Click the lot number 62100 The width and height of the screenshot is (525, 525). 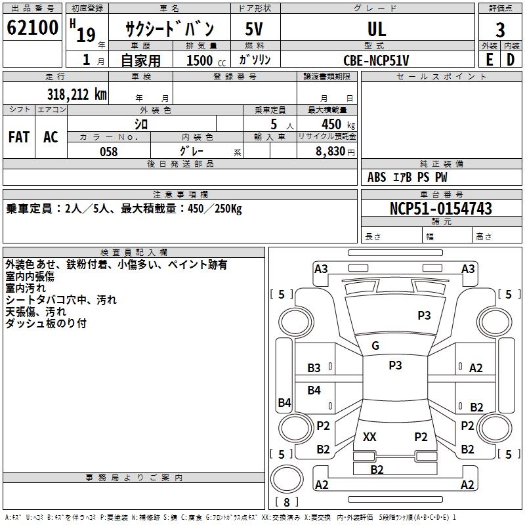coord(32,28)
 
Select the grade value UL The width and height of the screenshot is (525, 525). coord(377,29)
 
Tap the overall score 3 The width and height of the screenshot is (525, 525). coord(500,30)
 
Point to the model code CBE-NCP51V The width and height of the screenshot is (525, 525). coord(376,60)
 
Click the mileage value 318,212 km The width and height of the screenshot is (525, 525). coord(77,94)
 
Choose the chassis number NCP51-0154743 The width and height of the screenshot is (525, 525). coord(441,209)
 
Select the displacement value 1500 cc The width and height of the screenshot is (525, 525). coord(206,60)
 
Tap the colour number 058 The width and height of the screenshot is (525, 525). coord(109,152)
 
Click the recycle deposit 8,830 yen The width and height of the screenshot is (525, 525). coord(335,152)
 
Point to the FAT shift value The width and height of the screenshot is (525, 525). coord(19,137)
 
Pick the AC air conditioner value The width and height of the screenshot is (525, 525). coord(51,137)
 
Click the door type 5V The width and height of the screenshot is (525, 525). coord(254,29)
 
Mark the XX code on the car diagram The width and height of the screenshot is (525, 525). coord(369,436)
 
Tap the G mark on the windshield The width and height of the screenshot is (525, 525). coord(375,346)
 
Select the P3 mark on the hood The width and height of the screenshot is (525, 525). coord(424,315)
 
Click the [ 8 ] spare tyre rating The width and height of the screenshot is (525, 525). coord(287,502)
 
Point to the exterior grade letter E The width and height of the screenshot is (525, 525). coord(490,60)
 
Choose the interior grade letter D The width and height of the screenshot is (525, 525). coord(511,60)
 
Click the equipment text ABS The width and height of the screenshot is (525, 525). coord(377,177)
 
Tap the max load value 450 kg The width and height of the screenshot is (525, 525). coord(338,124)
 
